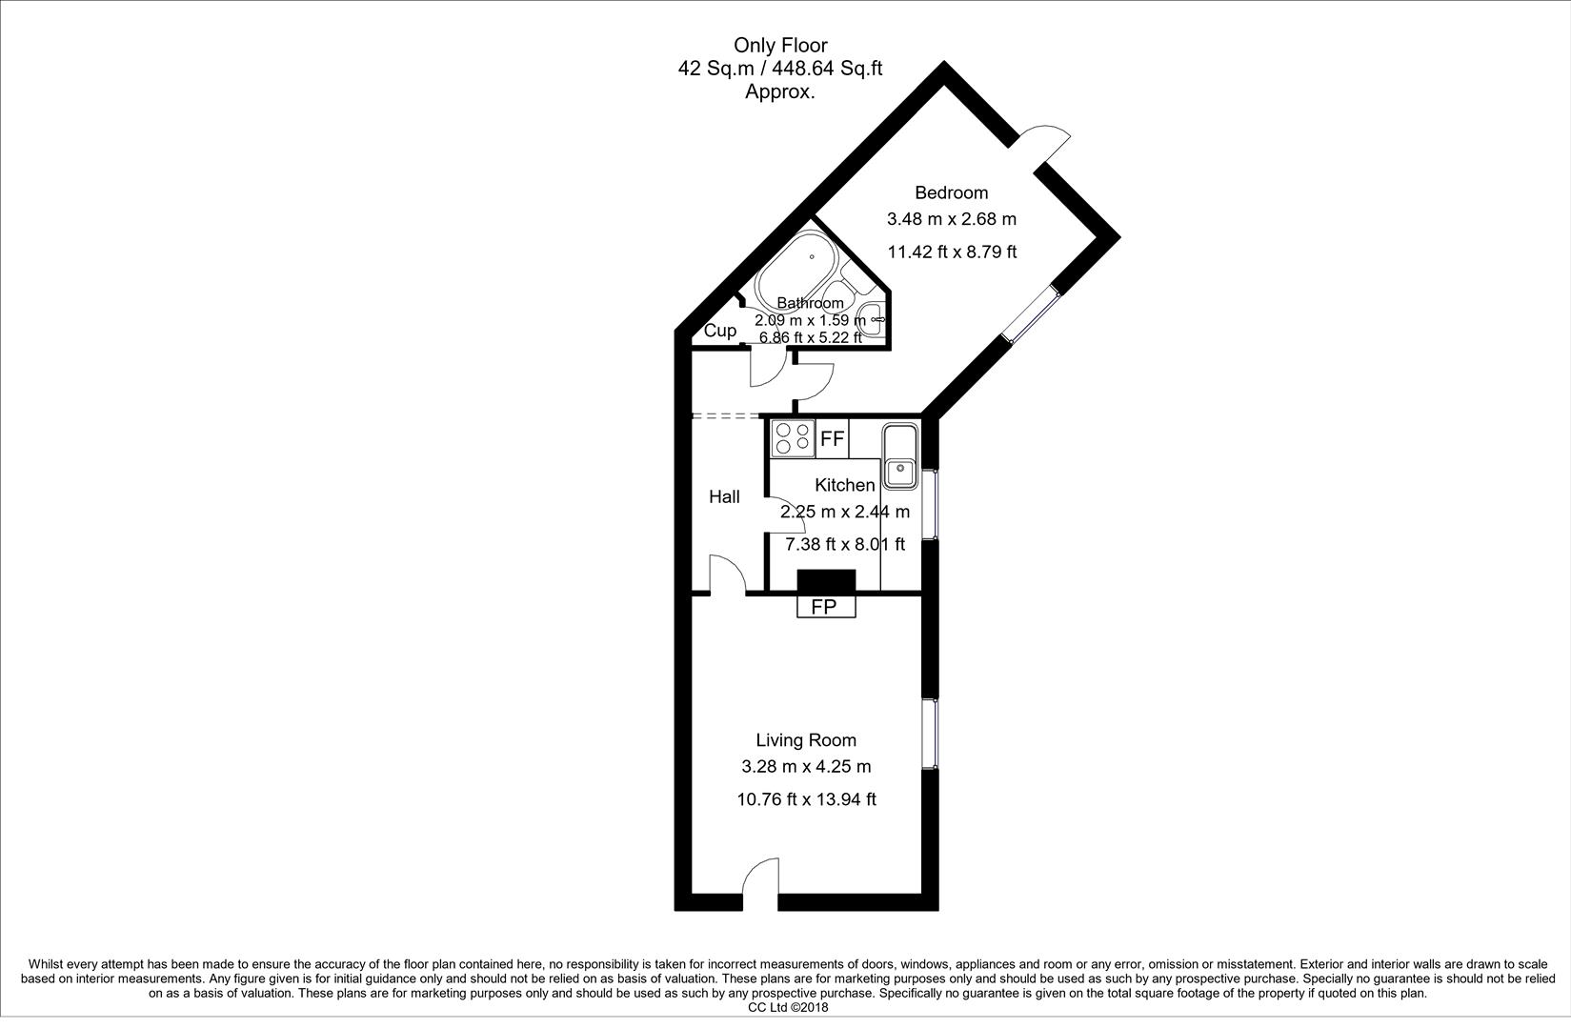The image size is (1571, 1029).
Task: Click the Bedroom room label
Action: [x=951, y=192]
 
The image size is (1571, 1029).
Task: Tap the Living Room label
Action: [x=806, y=740]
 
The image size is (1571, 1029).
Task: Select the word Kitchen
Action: [x=844, y=486]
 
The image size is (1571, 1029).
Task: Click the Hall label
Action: [x=724, y=496]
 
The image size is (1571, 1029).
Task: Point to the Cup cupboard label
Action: [x=720, y=332]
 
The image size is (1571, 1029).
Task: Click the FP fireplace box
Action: [x=825, y=607]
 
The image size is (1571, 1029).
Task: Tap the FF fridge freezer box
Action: [x=832, y=439]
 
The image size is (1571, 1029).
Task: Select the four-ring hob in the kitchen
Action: [x=793, y=438]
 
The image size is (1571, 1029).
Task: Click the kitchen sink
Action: [x=899, y=456]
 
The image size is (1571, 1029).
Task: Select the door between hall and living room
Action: [x=727, y=575]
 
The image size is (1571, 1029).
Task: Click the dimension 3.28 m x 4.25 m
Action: [x=806, y=766]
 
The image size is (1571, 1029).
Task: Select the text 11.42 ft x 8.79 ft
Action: [x=952, y=252]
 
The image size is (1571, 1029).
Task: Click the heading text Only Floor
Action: [x=780, y=45]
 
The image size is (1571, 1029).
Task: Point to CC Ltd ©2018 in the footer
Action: [x=788, y=1007]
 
